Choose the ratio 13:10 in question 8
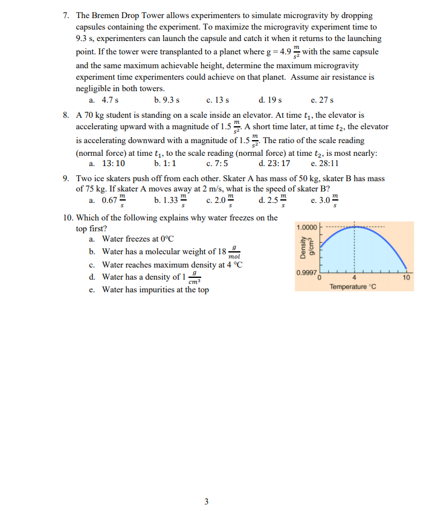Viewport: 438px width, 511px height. point(113,164)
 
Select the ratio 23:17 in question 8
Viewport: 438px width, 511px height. point(277,164)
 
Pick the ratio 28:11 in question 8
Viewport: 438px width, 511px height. point(327,164)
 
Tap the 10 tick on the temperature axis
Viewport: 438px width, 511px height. point(407,277)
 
